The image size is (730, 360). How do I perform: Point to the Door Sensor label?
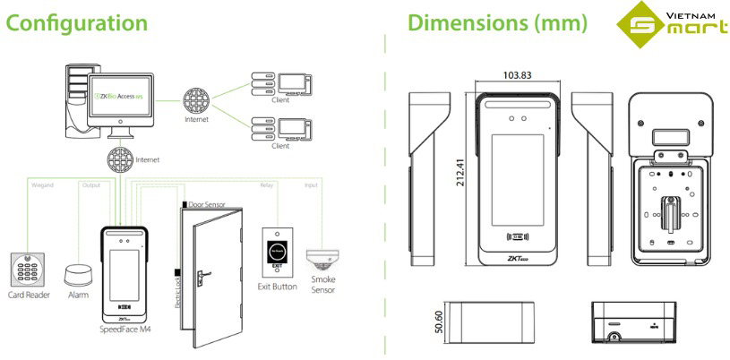click(x=206, y=203)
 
